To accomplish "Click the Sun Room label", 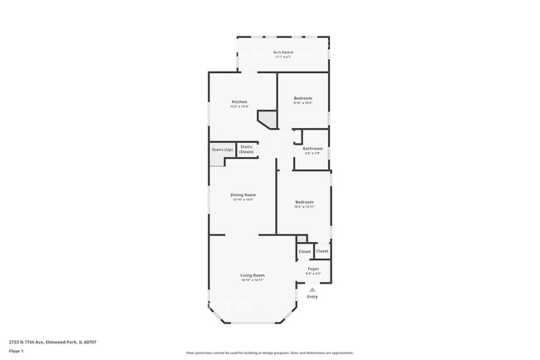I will (283, 52).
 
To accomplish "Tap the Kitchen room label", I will (240, 101).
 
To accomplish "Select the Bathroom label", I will (312, 149).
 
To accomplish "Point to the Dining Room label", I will (243, 195).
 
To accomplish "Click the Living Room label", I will (253, 275).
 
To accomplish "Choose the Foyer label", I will (313, 269).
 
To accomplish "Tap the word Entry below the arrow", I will (312, 297).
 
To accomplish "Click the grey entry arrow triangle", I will (312, 288).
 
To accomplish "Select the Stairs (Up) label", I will (222, 150).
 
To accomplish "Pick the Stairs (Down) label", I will (247, 150).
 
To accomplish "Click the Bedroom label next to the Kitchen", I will (303, 98).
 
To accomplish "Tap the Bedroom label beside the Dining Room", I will (304, 202).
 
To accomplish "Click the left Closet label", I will (304, 251).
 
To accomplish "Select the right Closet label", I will (322, 250).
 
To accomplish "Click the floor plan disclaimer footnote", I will (270, 353).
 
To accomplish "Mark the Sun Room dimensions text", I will (283, 57).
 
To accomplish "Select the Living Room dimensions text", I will (253, 280).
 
